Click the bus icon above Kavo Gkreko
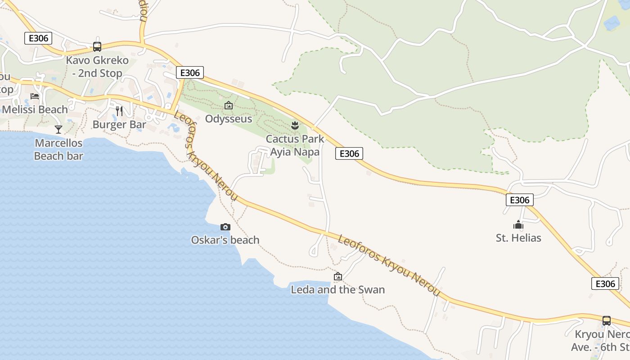[x=97, y=46]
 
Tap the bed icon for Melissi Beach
[x=35, y=96]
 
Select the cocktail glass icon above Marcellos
[x=58, y=130]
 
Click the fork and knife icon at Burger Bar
[x=119, y=111]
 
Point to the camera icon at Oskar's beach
[x=225, y=227]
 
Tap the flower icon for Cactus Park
[x=295, y=126]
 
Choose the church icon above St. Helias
[x=518, y=225]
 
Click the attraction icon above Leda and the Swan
[x=338, y=276]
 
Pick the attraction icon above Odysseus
[x=229, y=106]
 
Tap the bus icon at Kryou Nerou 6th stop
[x=607, y=321]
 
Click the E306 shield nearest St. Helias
[x=520, y=200]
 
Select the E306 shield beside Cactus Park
[x=349, y=153]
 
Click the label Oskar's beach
[x=225, y=240]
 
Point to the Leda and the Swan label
[x=338, y=289]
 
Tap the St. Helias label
[x=518, y=238]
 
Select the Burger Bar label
[x=119, y=124]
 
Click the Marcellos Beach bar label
[x=58, y=149]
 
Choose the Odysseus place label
[x=229, y=119]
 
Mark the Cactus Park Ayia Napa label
[x=295, y=145]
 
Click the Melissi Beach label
[x=35, y=109]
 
